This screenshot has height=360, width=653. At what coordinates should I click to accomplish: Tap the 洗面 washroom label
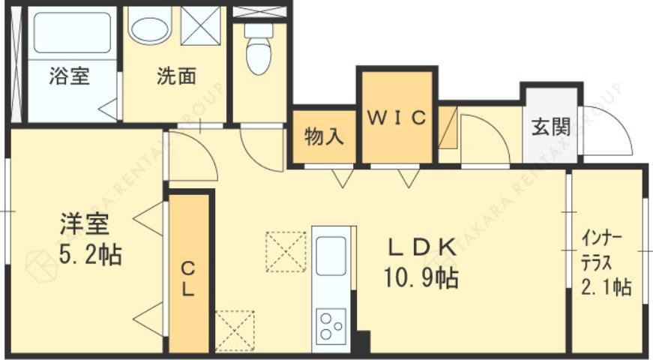tap(176, 76)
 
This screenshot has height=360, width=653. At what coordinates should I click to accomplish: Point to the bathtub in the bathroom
tap(72, 33)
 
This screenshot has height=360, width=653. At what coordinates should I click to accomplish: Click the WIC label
tap(397, 118)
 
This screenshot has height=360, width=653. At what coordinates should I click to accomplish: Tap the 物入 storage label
tap(324, 137)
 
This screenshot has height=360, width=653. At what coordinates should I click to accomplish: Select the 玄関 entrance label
tap(551, 127)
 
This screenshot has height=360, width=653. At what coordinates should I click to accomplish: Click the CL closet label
tap(188, 277)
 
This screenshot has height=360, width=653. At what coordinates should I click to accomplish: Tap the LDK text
tap(421, 246)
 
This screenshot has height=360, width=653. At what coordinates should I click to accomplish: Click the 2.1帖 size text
tap(606, 286)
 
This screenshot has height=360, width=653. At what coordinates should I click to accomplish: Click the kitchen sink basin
tap(330, 256)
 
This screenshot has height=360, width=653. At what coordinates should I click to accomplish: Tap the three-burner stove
tap(331, 325)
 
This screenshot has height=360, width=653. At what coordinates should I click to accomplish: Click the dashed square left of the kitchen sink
tap(286, 251)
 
